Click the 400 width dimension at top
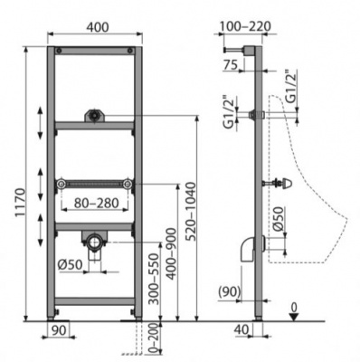pyautogui.click(x=98, y=27)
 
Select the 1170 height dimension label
pyautogui.click(x=21, y=203)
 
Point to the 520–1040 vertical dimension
pyautogui.click(x=191, y=211)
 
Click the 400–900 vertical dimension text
pyautogui.click(x=171, y=253)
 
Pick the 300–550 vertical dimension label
pyautogui.click(x=154, y=279)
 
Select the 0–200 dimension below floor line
pyautogui.click(x=154, y=338)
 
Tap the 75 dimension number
pyautogui.click(x=231, y=65)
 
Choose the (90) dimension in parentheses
pyautogui.click(x=230, y=291)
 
